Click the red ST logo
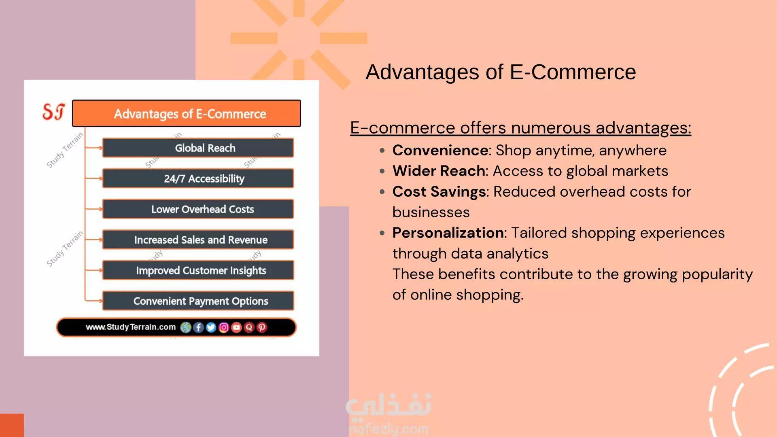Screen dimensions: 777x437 (53, 112)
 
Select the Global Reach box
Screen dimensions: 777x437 (198, 148)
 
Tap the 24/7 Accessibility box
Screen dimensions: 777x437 (198, 178)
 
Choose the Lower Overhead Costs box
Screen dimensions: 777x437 (198, 209)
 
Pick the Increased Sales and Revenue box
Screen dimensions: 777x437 (198, 240)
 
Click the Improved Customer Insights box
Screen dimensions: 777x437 (198, 270)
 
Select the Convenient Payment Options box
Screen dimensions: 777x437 (198, 301)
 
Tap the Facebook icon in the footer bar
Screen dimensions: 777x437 (198, 327)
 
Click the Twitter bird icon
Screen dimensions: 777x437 (211, 327)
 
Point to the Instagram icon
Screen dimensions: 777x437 (224, 327)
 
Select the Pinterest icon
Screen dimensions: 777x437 (262, 327)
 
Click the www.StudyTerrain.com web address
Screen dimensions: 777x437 (131, 327)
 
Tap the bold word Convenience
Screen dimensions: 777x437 (440, 151)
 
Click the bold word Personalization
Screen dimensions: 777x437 (448, 233)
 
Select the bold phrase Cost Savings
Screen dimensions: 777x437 (439, 192)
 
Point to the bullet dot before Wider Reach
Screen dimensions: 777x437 (382, 171)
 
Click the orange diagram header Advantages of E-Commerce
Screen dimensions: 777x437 (187, 113)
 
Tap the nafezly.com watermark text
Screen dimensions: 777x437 (388, 429)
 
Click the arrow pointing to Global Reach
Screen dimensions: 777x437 (94, 148)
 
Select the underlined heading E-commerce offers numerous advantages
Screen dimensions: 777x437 (521, 128)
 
